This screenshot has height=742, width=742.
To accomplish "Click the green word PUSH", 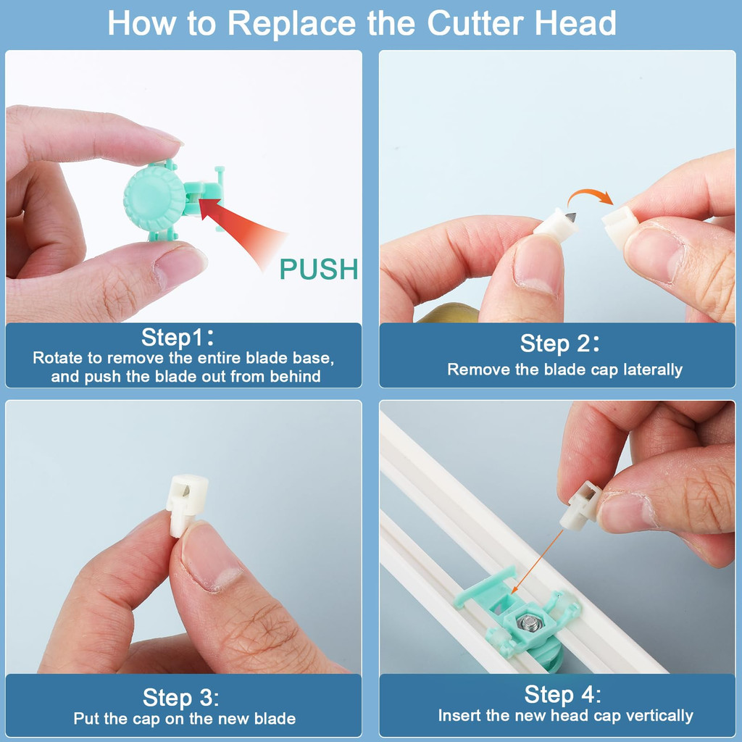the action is click(x=319, y=269).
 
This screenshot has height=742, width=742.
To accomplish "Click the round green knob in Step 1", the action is click(x=155, y=199).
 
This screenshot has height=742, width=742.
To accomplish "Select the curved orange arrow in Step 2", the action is click(x=591, y=196).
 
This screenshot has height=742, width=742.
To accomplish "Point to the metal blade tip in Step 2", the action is click(x=571, y=217).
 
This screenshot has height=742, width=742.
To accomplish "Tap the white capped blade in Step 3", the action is click(x=186, y=504).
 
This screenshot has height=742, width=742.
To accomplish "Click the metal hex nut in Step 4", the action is click(x=528, y=621).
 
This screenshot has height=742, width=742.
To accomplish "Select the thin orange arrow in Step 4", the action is click(x=537, y=562).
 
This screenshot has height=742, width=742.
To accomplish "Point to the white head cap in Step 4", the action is click(x=580, y=505).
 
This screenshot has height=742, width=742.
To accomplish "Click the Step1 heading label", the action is click(x=178, y=338).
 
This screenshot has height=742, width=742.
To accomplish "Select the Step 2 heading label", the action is click(x=560, y=343).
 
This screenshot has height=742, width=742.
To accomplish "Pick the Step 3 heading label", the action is click(x=181, y=698).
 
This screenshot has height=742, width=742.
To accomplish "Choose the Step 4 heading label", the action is click(x=562, y=694).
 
